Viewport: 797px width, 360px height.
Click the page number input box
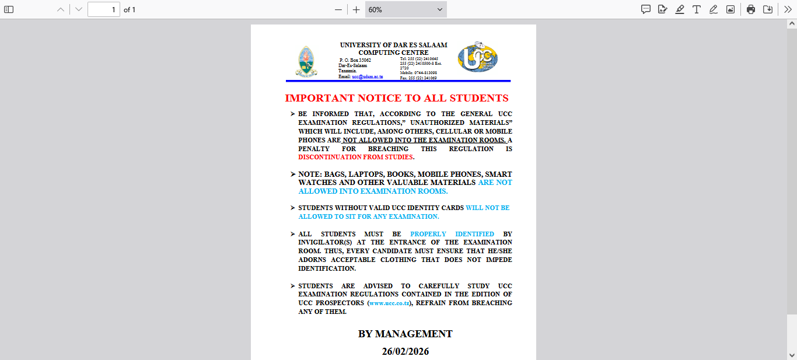tap(104, 9)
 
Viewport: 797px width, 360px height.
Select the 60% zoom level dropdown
tap(406, 9)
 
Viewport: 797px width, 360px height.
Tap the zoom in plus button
tap(356, 9)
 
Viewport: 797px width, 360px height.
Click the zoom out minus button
tap(338, 9)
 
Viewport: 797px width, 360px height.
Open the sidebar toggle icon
tap(9, 9)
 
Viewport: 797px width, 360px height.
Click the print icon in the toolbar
tap(751, 9)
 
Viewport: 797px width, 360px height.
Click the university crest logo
tap(306, 61)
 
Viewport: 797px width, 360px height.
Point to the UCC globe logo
tap(477, 57)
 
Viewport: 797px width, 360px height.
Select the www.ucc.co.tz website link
tap(390, 303)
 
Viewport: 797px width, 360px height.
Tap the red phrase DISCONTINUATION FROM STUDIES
tap(356, 157)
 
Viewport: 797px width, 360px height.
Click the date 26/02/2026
tap(406, 351)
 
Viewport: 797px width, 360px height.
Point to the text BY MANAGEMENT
tap(406, 334)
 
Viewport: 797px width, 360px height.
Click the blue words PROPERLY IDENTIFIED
tap(452, 234)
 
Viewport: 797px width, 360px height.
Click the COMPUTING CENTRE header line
tap(393, 53)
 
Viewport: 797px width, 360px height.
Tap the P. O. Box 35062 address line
tap(355, 60)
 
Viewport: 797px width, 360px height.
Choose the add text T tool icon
tap(697, 9)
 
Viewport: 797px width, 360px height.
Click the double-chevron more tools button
tap(788, 9)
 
